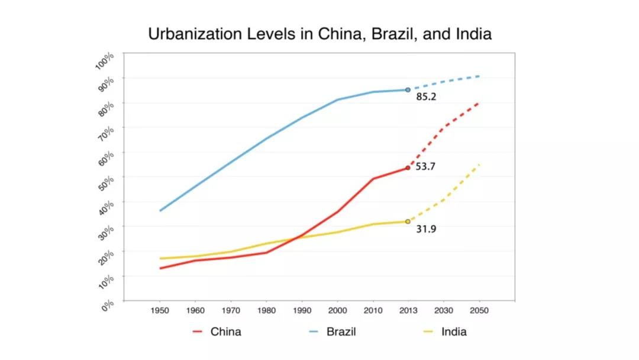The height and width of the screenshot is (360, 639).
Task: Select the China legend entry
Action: (225, 332)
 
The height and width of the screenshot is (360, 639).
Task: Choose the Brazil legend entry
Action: (341, 332)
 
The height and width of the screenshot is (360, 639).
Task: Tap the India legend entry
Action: (453, 332)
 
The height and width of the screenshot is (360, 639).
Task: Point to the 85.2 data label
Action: (426, 97)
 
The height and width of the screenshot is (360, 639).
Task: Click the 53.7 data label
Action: (425, 167)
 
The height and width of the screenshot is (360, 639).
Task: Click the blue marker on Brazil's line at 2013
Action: (408, 90)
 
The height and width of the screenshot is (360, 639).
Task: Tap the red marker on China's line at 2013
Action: (408, 168)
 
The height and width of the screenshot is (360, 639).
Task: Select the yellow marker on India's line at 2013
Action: (408, 221)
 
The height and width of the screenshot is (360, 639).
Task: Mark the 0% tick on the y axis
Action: (107, 306)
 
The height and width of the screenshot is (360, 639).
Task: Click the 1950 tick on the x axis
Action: (160, 310)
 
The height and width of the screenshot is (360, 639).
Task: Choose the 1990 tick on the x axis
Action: (302, 310)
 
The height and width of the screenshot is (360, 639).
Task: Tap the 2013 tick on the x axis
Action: (408, 310)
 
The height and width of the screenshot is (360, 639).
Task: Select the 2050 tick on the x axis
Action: (479, 310)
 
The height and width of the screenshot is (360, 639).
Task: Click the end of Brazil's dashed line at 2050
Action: (479, 76)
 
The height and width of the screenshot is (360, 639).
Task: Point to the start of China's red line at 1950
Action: (160, 268)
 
